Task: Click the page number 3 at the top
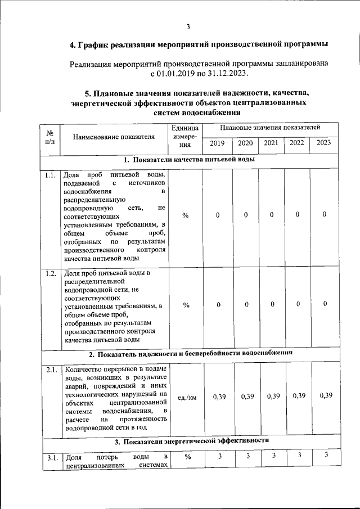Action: [x=188, y=26]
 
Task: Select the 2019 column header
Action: [x=217, y=143]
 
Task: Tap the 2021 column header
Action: [x=272, y=143]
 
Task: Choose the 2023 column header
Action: [x=324, y=143]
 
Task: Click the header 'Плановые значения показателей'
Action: [x=270, y=129]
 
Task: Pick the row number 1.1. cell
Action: [x=51, y=175]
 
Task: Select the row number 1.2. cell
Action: [x=51, y=274]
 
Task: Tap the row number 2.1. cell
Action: [x=51, y=370]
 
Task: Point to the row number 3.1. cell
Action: [x=51, y=457]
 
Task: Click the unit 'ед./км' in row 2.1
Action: [x=187, y=397]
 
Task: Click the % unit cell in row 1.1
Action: [x=186, y=215]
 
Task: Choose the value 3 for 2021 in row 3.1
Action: [x=273, y=456]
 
